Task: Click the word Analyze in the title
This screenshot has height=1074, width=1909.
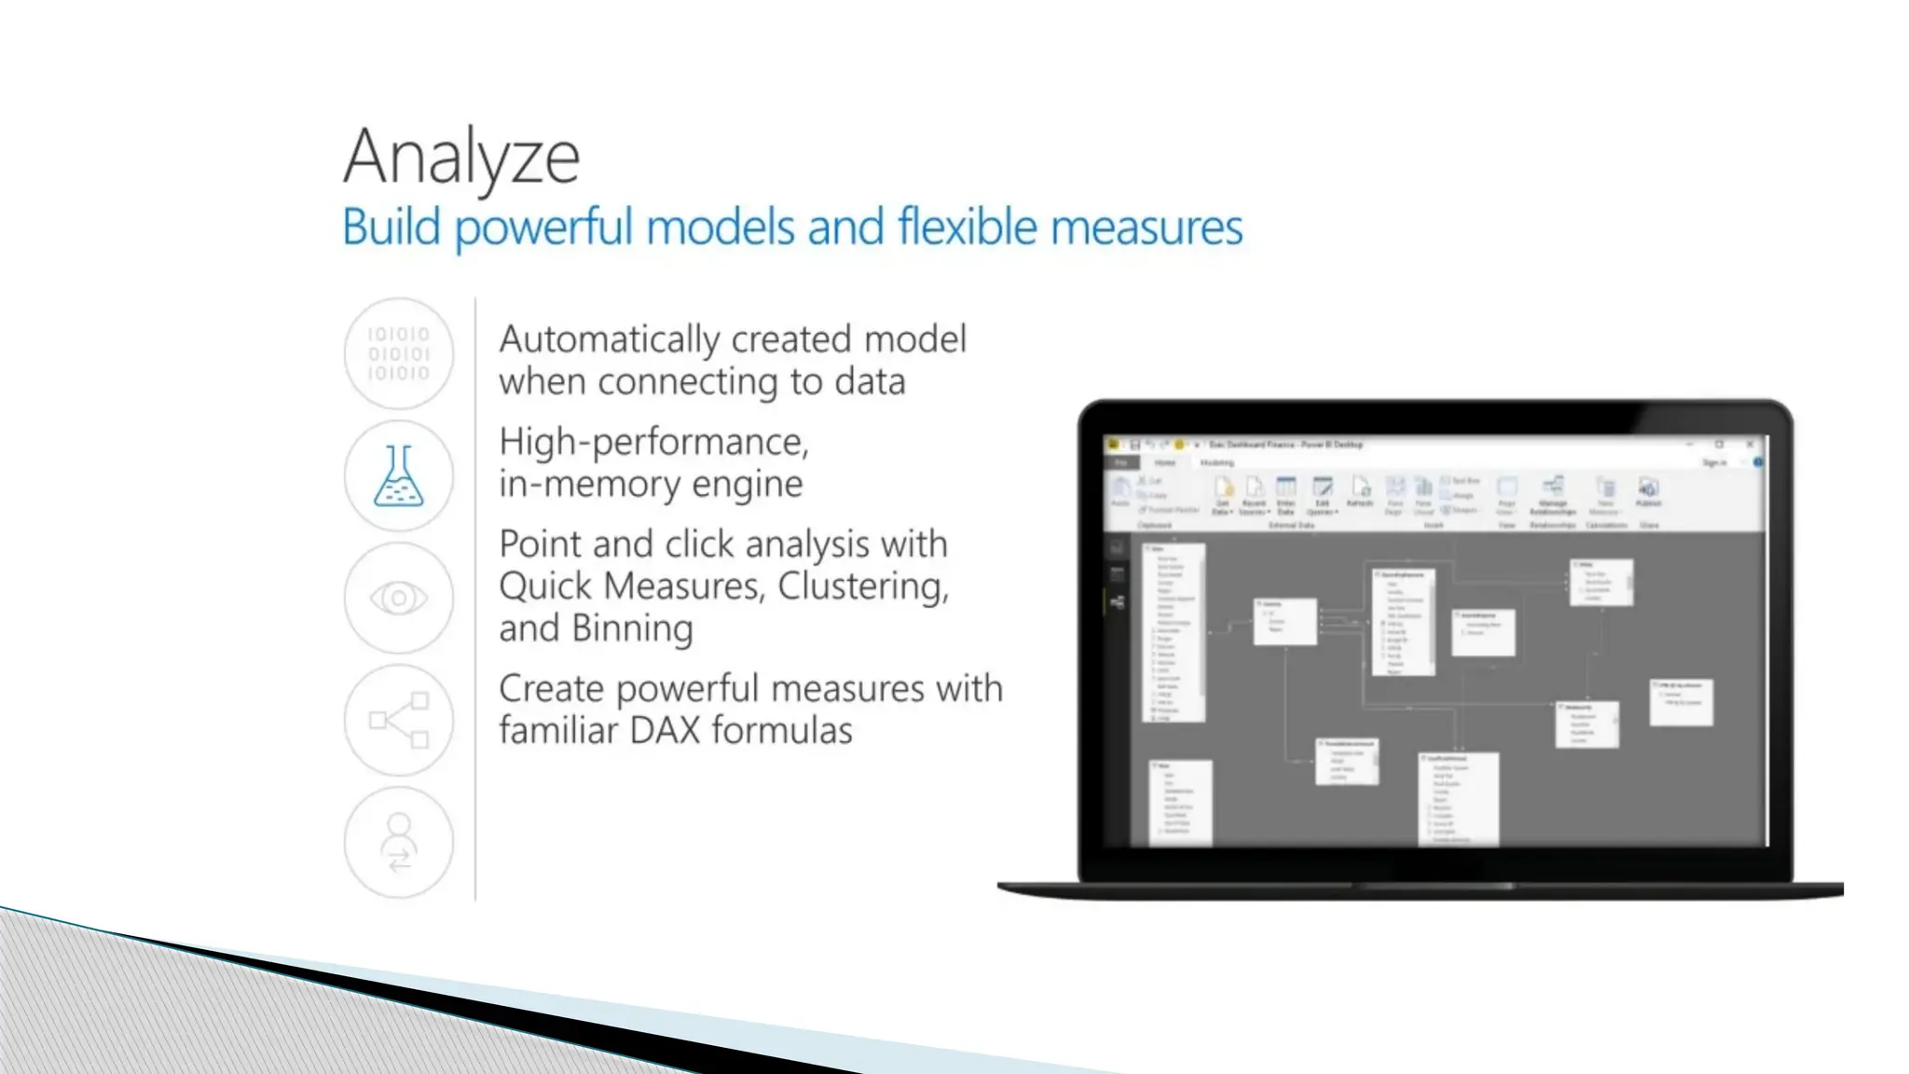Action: click(461, 157)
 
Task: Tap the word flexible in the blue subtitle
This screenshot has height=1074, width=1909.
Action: click(967, 227)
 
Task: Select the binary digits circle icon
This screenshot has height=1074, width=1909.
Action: click(399, 353)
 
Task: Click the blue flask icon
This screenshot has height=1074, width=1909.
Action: click(399, 475)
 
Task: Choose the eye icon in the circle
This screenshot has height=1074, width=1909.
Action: click(399, 598)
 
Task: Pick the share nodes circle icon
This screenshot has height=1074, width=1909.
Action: click(399, 720)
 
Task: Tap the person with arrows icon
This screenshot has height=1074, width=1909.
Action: click(399, 842)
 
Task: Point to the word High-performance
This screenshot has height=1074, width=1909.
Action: click(653, 442)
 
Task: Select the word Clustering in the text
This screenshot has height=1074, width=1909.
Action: click(862, 586)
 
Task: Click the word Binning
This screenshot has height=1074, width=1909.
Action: click(633, 628)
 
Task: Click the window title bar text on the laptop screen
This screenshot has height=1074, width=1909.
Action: click(1285, 445)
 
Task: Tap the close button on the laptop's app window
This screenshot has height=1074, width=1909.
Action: click(1750, 445)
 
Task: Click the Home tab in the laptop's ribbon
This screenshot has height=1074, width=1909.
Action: click(1165, 462)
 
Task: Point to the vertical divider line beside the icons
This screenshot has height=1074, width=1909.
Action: click(475, 598)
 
